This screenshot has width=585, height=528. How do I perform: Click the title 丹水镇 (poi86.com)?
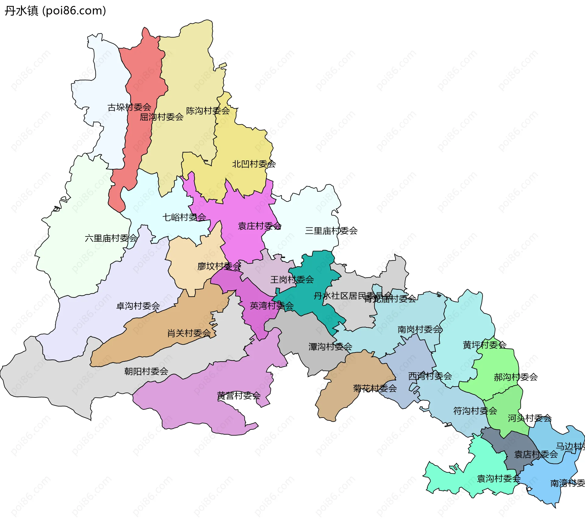pos(55,11)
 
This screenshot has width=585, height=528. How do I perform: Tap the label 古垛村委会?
pos(129,107)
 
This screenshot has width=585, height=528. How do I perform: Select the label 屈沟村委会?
pos(161,117)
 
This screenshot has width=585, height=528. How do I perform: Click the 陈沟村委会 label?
pos(208,111)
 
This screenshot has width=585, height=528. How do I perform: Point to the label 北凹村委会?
pos(254,164)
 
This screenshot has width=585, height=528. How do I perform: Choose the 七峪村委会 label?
pos(184,217)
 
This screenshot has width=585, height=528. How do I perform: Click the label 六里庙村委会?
pos(111,238)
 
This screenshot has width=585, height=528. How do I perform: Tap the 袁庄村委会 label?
pos(259,226)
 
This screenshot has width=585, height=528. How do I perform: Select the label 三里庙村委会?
pos(331,231)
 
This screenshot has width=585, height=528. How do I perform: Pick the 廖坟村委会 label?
pos(219,266)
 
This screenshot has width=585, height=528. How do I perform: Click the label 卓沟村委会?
pos(138,306)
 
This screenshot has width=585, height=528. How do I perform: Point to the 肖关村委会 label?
pos(189,333)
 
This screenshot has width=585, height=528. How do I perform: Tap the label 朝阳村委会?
pos(146,371)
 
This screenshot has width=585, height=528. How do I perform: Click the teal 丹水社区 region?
pos(317,274)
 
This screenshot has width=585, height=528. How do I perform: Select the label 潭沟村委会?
pos(330,347)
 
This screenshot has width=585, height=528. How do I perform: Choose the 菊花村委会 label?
pos(375,388)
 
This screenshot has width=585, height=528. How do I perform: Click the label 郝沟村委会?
pos(516,377)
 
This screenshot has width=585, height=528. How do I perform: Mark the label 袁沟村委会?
pos(498,479)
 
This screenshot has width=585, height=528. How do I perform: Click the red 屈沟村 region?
pos(143,76)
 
